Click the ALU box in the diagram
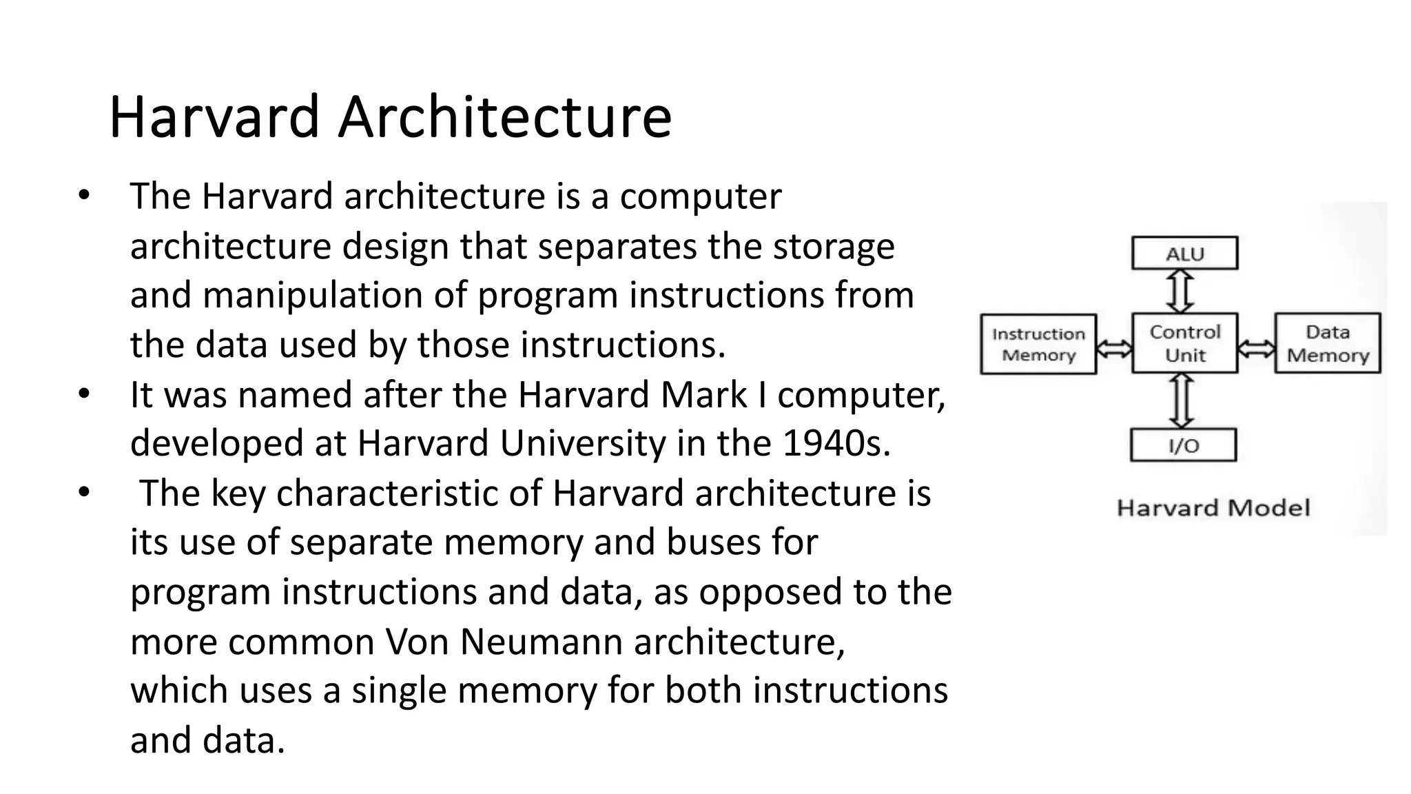pos(1184,253)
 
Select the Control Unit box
pos(1184,343)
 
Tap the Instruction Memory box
pos(1038,345)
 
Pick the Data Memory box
pos(1328,343)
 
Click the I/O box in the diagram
pos(1183,445)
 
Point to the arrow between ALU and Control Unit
pos(1180,291)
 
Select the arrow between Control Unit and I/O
pos(1182,401)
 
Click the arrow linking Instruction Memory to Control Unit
pos(1114,349)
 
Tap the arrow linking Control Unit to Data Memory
pos(1256,349)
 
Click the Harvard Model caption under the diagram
pos(1213,508)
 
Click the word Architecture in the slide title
pos(504,116)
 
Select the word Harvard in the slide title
pos(214,116)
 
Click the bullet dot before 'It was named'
pos(84,394)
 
